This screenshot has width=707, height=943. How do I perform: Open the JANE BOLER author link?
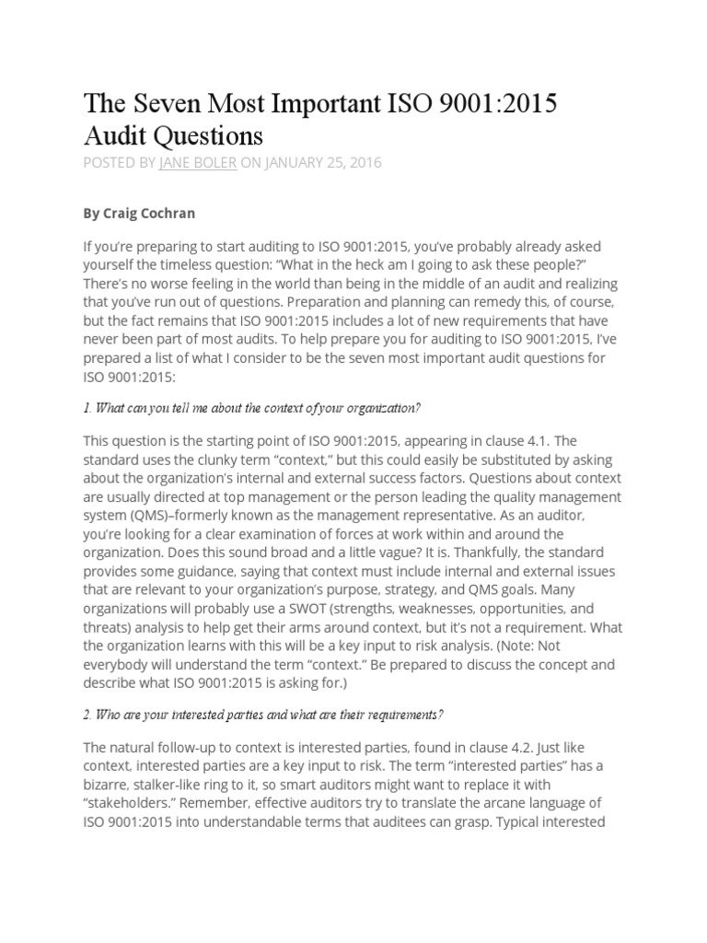pos(197,163)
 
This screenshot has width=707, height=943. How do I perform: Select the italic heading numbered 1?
pos(252,407)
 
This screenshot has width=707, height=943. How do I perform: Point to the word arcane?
pos(489,802)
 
